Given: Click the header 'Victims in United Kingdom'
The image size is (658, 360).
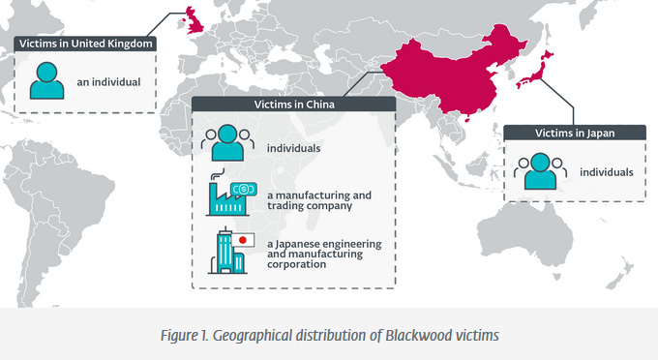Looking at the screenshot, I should [85, 44].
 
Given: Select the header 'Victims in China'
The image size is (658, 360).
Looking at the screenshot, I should [293, 105].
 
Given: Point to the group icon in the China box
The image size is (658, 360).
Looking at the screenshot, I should [227, 143].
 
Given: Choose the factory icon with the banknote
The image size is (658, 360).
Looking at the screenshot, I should [228, 194].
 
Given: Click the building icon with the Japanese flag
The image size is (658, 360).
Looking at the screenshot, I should [229, 251].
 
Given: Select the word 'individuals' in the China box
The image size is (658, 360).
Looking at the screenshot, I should [293, 148].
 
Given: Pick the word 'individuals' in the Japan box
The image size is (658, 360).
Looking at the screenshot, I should [606, 172].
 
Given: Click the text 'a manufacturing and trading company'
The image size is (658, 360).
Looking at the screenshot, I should [319, 199].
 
